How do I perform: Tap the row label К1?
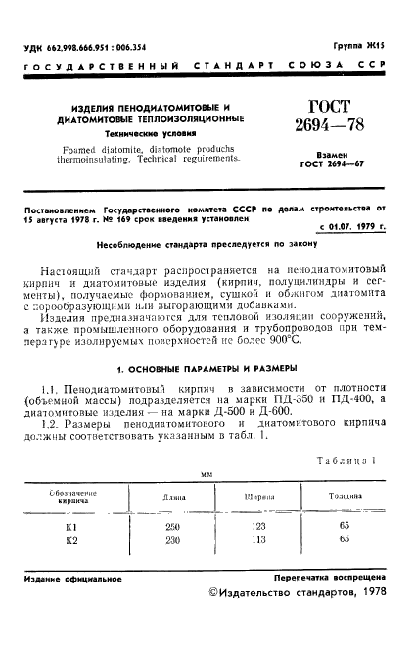tap(70, 526)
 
